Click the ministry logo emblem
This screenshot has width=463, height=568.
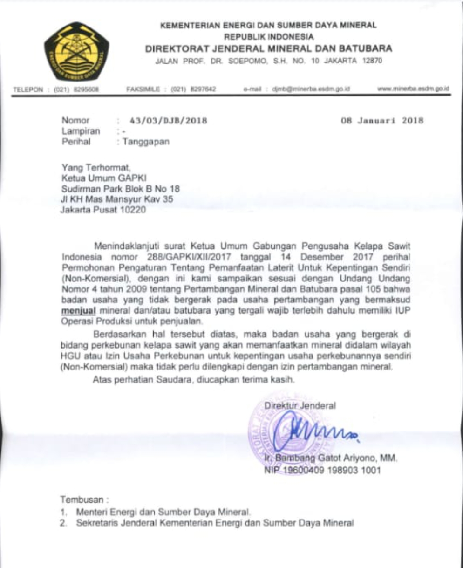pyautogui.click(x=77, y=52)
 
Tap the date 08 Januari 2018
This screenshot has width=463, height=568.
pyautogui.click(x=382, y=121)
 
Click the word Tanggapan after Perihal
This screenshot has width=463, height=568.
pyautogui.click(x=145, y=142)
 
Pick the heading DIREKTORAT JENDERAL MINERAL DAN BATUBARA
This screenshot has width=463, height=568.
pyautogui.click(x=268, y=48)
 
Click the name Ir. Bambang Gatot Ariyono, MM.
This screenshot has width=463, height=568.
pyautogui.click(x=330, y=459)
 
